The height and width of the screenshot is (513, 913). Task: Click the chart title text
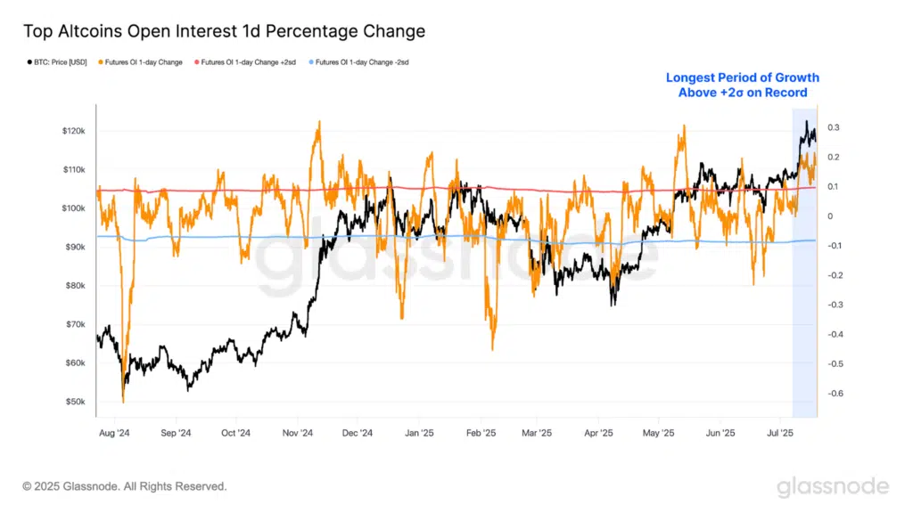pyautogui.click(x=224, y=31)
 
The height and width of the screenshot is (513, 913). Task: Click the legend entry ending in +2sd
pyautogui.click(x=248, y=62)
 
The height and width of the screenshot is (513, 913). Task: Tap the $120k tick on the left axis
pyautogui.click(x=72, y=131)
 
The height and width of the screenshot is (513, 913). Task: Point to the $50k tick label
pyautogui.click(x=74, y=403)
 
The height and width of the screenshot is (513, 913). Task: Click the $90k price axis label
pyautogui.click(x=74, y=248)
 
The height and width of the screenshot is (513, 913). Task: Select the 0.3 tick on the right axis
pyautogui.click(x=834, y=128)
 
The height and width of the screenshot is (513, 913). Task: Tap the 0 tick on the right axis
pyautogui.click(x=830, y=216)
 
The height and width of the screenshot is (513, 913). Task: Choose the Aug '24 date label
pyautogui.click(x=115, y=434)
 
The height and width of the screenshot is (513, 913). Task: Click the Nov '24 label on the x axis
pyautogui.click(x=296, y=434)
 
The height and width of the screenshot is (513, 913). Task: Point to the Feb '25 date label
pyautogui.click(x=481, y=434)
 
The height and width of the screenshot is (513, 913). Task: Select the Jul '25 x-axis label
pyautogui.click(x=781, y=434)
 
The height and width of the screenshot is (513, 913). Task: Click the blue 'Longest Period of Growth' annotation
pyautogui.click(x=742, y=85)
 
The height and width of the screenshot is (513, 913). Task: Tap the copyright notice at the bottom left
pyautogui.click(x=125, y=486)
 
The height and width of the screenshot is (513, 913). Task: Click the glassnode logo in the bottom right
pyautogui.click(x=832, y=486)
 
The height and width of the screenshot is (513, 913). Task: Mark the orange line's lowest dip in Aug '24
pyautogui.click(x=123, y=402)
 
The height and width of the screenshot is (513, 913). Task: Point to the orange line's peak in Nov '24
pyautogui.click(x=317, y=122)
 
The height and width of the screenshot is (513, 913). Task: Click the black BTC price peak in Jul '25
pyautogui.click(x=806, y=121)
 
